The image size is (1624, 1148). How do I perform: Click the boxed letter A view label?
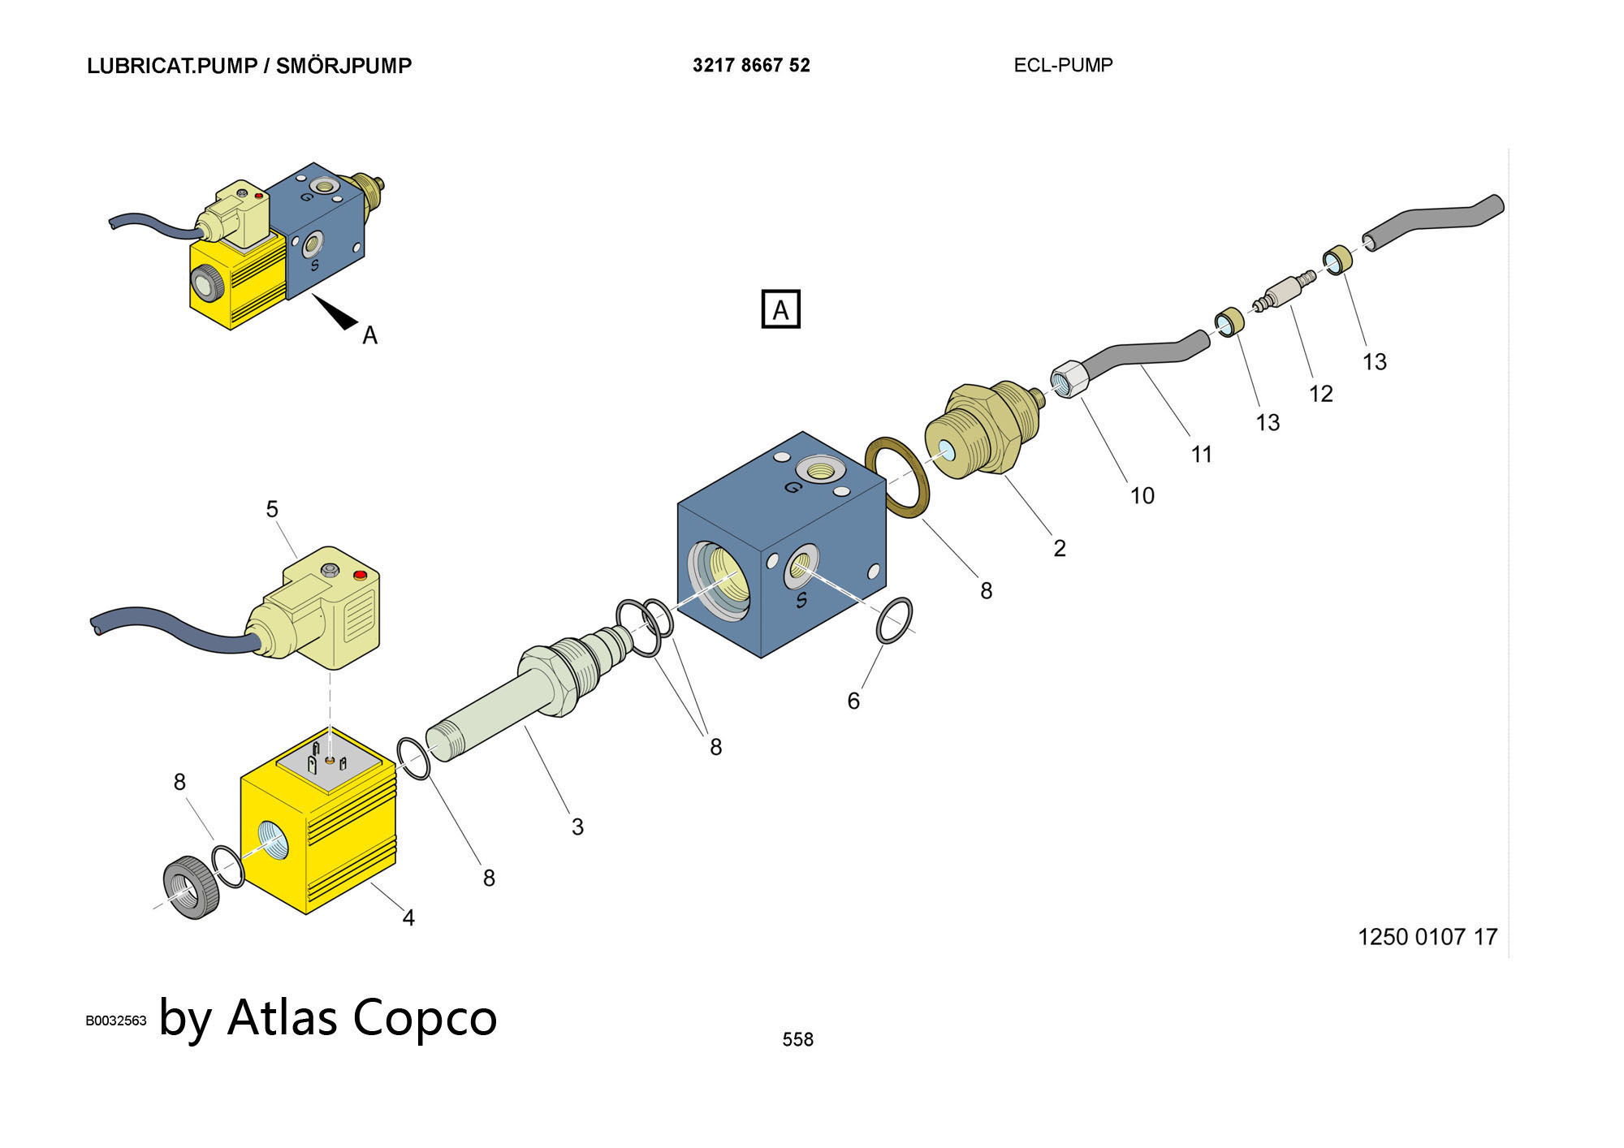click(x=780, y=309)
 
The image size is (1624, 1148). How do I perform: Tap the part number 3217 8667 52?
click(x=751, y=66)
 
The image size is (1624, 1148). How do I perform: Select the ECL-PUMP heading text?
click(x=1063, y=65)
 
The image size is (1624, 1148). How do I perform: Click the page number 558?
click(x=797, y=1039)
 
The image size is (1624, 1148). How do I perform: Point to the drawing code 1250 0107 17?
click(x=1427, y=937)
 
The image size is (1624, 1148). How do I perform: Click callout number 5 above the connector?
click(x=272, y=509)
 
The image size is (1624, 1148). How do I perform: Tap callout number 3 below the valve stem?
click(x=577, y=826)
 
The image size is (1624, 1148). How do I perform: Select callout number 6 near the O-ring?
click(x=853, y=701)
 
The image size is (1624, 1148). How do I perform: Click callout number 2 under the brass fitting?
click(x=1060, y=548)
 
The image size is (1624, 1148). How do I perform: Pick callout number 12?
click(x=1321, y=394)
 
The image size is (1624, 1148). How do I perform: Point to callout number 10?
click(x=1142, y=495)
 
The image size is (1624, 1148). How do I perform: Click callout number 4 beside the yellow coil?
click(x=408, y=917)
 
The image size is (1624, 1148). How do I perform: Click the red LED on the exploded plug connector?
click(x=361, y=576)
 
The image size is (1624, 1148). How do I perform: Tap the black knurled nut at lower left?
click(x=192, y=887)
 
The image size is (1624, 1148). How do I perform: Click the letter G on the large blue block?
click(x=793, y=487)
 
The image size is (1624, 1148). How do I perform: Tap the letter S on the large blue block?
click(x=801, y=600)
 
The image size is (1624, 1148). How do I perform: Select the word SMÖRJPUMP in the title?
click(x=343, y=66)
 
